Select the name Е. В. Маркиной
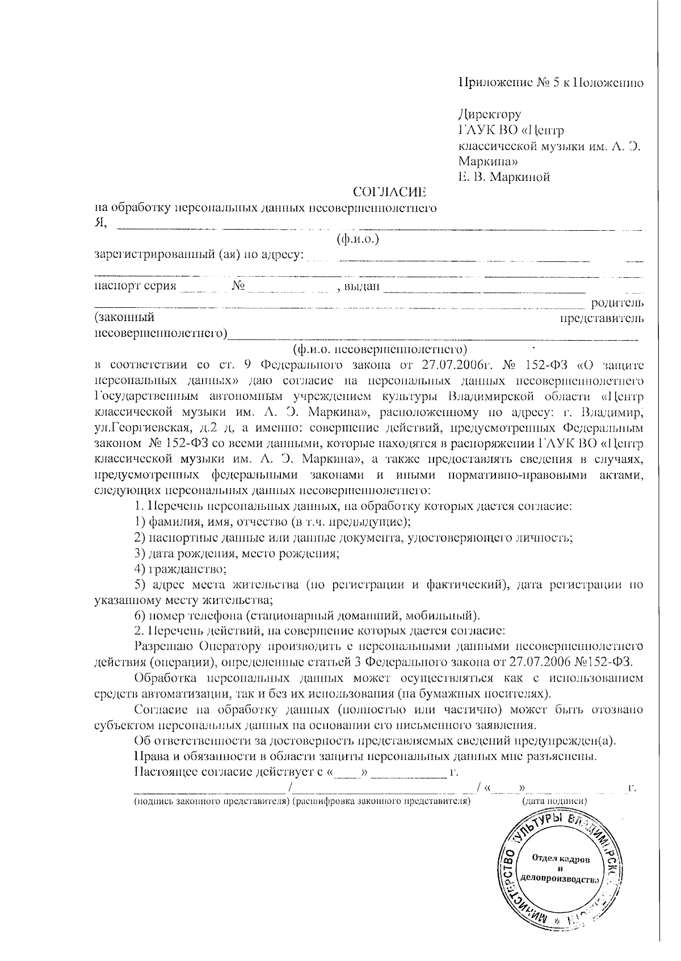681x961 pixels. (x=504, y=177)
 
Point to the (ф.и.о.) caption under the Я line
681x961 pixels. (x=358, y=239)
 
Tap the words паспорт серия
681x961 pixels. (x=136, y=286)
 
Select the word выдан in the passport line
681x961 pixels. (x=362, y=286)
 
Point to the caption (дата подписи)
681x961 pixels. (x=554, y=801)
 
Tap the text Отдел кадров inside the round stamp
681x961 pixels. (x=561, y=860)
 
